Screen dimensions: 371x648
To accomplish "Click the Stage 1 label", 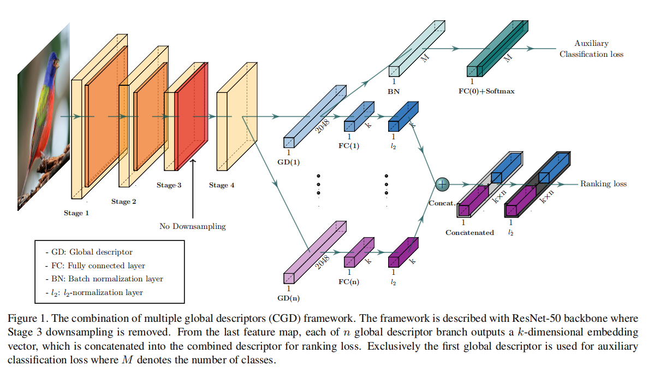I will pos(76,213).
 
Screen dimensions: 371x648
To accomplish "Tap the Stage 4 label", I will pos(222,185).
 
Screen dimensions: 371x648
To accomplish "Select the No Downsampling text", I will pos(192,226).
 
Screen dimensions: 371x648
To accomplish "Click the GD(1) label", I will pos(289,162).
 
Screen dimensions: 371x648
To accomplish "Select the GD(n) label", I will pos(289,298).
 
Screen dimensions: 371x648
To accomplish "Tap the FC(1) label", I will pos(349,146).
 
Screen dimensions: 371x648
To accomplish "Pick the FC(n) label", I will pos(349,282).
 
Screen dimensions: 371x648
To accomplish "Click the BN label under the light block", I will pos(393,91).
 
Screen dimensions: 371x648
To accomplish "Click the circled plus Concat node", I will pos(442,185).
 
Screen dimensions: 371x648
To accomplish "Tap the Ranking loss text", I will pos(603,184).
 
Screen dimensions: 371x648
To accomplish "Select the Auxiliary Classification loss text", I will pos(591,49).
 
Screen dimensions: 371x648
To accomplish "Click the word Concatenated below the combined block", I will pos(469,233).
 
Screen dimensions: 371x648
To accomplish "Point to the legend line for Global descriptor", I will pos(89,252).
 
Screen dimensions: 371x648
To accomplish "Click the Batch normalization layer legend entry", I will pos(104,279).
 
